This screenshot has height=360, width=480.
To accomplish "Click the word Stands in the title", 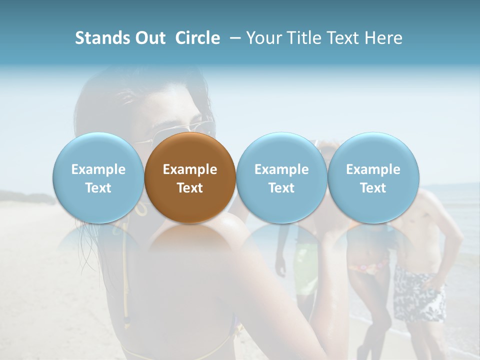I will (99, 38).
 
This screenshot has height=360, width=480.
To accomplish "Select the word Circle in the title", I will (197, 38).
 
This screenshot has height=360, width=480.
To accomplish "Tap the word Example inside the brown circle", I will (190, 169).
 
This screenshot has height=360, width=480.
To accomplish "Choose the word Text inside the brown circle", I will (190, 188).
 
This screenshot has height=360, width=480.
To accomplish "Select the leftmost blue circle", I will (98, 177).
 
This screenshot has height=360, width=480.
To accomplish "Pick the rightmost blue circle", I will (373, 177).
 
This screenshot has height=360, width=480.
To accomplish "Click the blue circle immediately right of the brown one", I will (281, 177).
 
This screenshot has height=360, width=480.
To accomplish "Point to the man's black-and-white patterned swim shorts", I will (419, 295).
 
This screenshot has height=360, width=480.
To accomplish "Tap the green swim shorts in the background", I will (305, 265).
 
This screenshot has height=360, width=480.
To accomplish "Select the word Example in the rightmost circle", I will (373, 169).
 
